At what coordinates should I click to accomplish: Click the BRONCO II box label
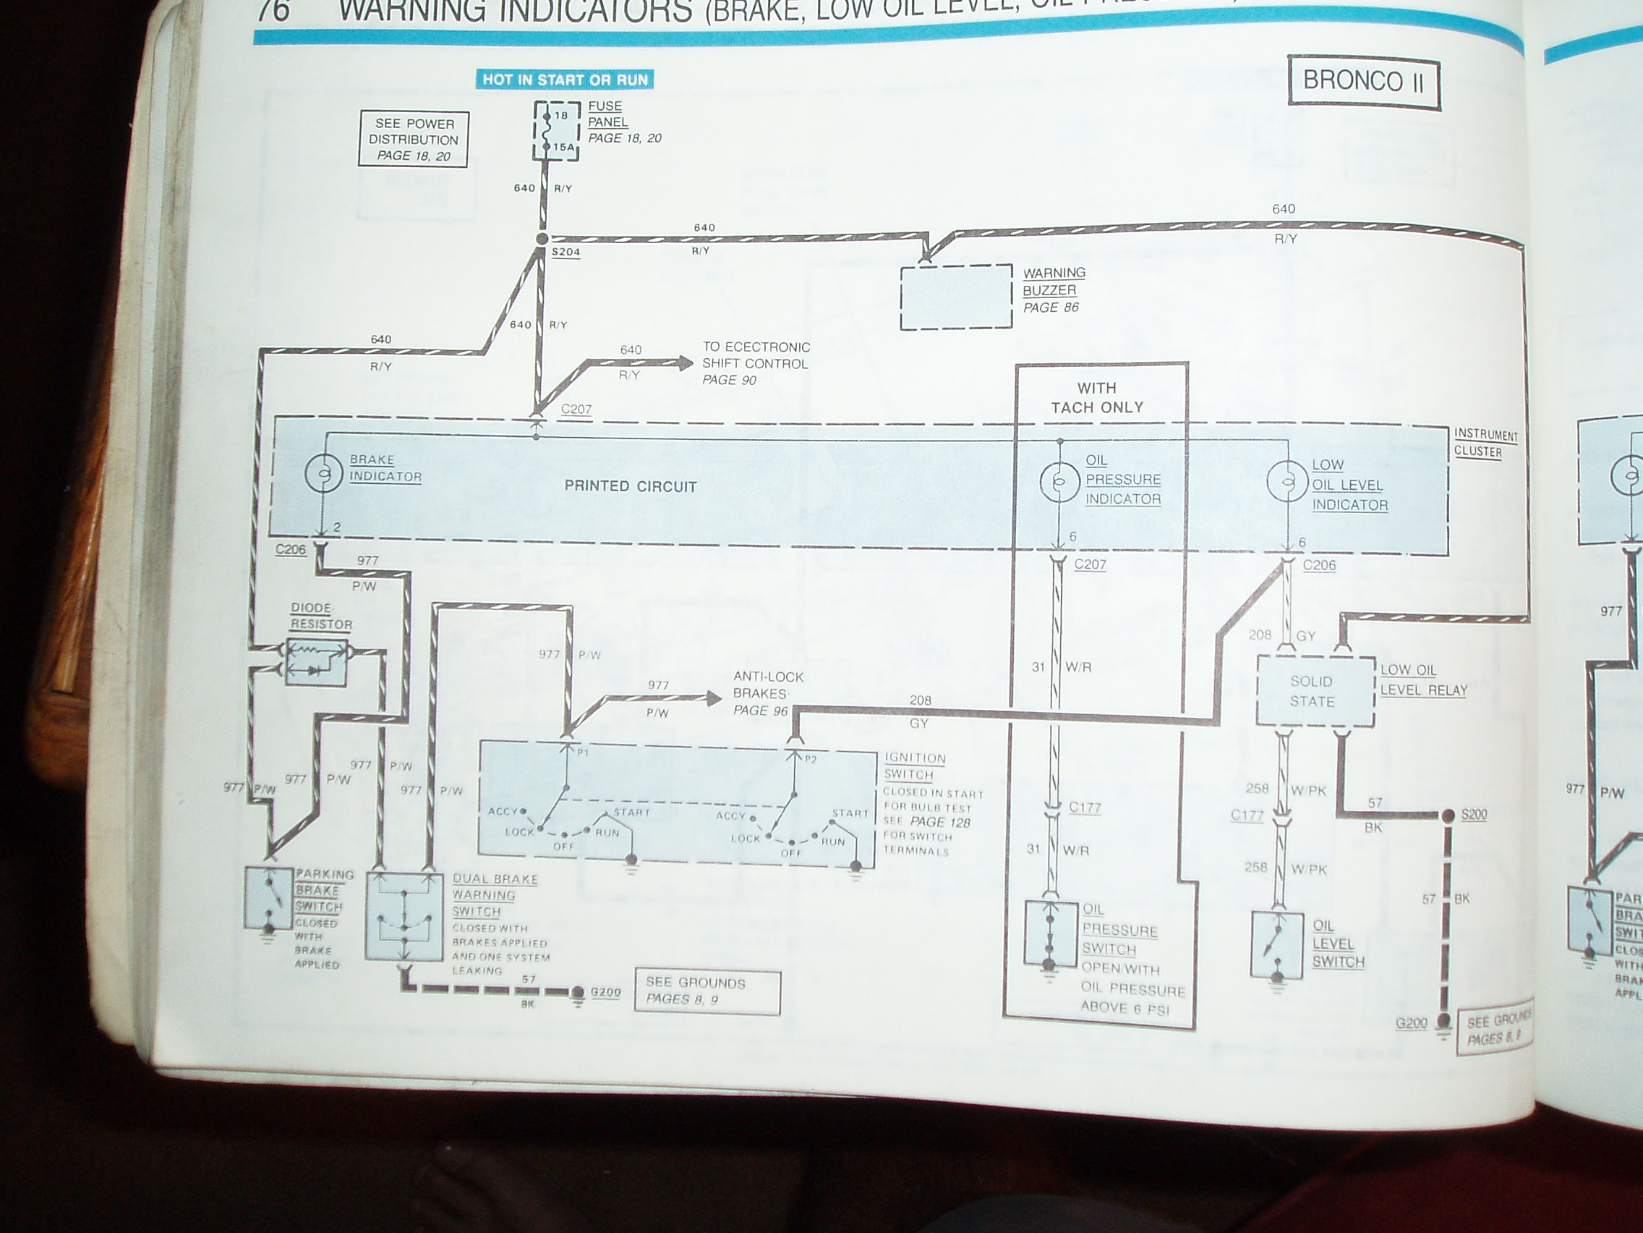click(1363, 81)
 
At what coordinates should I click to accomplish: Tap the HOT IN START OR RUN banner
click(566, 80)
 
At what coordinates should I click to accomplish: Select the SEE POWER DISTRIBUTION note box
click(413, 139)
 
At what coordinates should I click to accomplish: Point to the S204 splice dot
click(542, 239)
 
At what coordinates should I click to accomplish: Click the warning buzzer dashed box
click(956, 297)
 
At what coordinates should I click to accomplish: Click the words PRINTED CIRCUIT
click(630, 487)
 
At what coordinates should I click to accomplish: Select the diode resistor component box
click(317, 660)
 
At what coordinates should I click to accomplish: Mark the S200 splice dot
click(1448, 815)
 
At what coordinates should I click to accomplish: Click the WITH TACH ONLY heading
click(1096, 398)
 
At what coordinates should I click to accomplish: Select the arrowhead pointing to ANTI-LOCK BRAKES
click(712, 698)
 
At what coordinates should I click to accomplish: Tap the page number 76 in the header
click(273, 11)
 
